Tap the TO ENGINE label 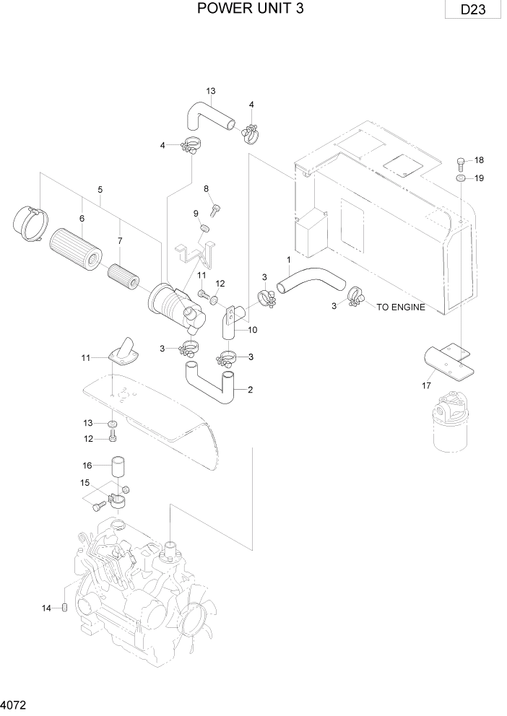point(400,307)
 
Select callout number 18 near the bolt point(477,160)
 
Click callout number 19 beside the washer point(477,178)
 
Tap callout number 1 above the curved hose point(288,259)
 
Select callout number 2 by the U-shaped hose point(250,390)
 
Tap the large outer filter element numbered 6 point(77,247)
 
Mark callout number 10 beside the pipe point(253,330)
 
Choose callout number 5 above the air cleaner point(100,189)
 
